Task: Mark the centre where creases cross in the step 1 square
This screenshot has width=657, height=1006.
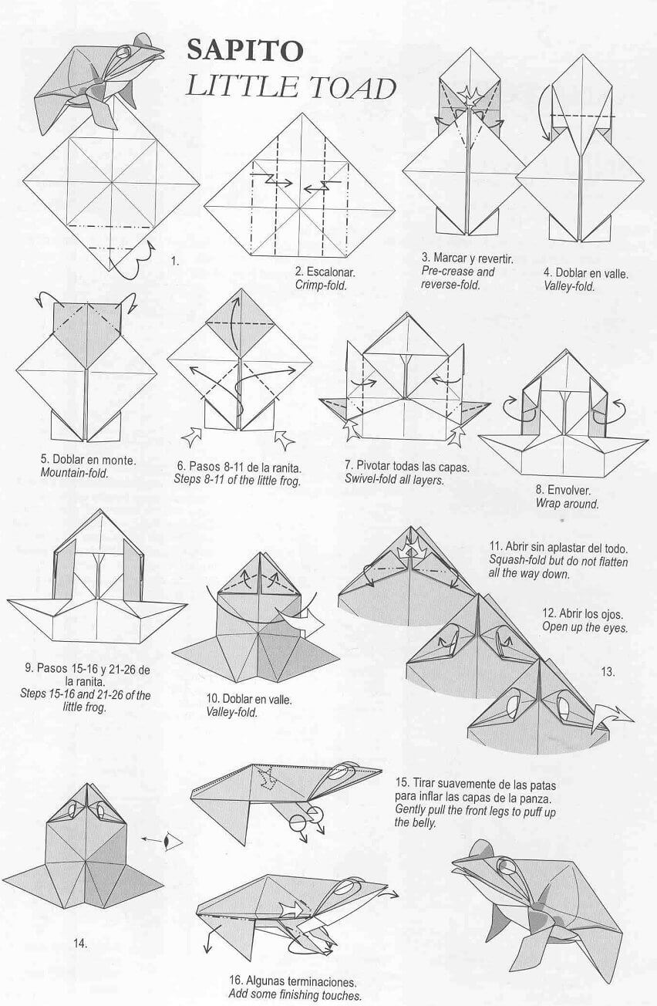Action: (x=111, y=182)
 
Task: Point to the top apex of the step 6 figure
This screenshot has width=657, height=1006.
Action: (x=241, y=289)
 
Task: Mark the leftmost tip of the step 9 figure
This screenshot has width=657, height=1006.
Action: (x=7, y=600)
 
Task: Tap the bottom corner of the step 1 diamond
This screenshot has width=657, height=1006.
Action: (x=109, y=272)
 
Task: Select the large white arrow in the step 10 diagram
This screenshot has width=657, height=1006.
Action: (x=301, y=623)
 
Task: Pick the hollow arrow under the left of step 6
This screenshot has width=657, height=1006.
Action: (x=191, y=437)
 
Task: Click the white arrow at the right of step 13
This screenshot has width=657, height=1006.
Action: (x=612, y=717)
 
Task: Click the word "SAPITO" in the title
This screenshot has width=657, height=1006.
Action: (x=245, y=50)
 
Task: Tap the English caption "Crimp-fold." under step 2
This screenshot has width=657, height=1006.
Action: (x=321, y=285)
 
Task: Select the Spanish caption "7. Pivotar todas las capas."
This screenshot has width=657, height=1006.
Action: (x=407, y=467)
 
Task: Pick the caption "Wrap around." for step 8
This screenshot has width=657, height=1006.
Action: (x=568, y=504)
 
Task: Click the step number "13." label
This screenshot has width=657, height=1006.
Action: (x=608, y=672)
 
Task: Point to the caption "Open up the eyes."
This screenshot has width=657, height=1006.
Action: (x=585, y=627)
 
